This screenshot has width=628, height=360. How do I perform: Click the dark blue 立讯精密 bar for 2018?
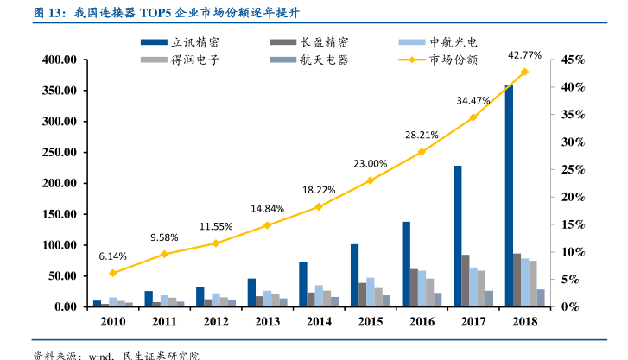509,196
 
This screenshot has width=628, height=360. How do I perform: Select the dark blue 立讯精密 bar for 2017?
458,236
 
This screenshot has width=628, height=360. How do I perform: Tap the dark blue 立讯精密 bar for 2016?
406,264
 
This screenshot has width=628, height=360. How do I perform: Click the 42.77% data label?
524,54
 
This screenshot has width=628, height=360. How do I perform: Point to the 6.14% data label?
112,256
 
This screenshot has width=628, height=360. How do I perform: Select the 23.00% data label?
370,163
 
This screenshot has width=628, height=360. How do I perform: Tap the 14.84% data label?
267,208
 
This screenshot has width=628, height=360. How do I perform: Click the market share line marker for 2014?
318,206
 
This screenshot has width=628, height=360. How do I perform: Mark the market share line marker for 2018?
524,72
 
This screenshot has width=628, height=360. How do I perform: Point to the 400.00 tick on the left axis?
60,60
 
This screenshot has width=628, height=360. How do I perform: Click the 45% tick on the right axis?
574,60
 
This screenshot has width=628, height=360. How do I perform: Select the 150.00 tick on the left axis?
60,214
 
